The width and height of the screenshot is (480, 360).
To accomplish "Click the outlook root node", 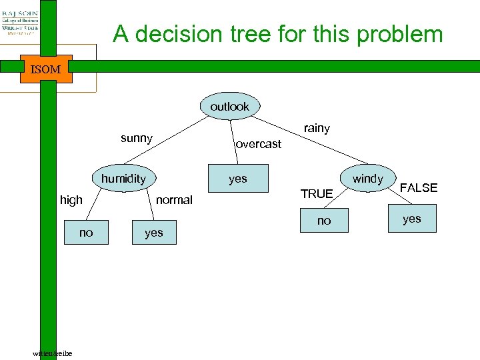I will click(229, 107).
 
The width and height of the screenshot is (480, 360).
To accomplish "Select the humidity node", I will click(123, 179).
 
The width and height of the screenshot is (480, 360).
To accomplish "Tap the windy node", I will click(368, 179).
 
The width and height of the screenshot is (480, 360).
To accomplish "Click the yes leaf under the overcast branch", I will click(237, 179).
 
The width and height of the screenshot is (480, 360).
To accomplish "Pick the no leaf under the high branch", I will click(86, 233).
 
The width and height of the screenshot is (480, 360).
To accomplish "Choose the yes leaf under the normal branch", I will click(154, 233).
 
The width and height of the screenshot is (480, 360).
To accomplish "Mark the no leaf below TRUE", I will click(324, 221).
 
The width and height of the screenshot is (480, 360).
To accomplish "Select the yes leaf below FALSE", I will click(412, 219).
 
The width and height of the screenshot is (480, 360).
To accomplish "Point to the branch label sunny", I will click(137, 139).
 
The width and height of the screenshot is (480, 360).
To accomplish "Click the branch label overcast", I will click(259, 144).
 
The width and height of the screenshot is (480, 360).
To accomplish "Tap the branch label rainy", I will click(317, 128).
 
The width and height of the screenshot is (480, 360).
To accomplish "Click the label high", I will click(71, 200).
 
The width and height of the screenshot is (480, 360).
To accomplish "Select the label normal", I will click(174, 200).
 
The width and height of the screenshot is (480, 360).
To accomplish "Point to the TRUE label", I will click(317, 194).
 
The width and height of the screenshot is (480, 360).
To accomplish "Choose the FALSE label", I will click(419, 188).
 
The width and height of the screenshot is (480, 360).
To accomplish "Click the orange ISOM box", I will click(46, 69).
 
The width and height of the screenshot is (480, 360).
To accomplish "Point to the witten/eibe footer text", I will click(53, 353).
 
